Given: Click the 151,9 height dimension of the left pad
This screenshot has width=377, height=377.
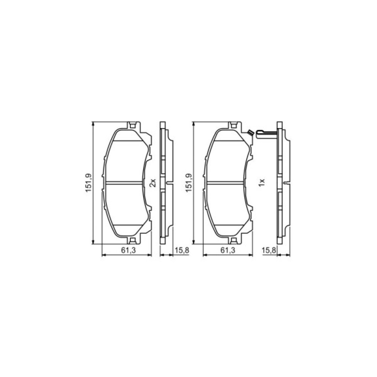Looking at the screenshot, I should coord(88,183).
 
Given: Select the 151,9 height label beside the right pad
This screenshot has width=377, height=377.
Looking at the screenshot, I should coord(189,183).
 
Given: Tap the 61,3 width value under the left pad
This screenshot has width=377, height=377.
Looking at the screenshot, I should coord(127,250).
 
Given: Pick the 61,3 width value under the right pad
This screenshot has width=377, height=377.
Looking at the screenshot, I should coord(227,250).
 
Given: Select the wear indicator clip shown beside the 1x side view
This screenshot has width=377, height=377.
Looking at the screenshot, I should coord(266,132).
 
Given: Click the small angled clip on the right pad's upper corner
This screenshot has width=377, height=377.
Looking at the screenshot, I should coord(249,132).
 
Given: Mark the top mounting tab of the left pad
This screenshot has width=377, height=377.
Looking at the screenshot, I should coord(133,125).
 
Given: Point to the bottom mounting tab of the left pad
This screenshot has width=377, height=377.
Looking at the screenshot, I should coord(133,241).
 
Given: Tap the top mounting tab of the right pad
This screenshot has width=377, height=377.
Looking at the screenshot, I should coord(233,125).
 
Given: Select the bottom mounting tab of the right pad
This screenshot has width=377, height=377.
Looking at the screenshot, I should coord(233,241).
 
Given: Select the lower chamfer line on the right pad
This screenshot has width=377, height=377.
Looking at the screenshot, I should coord(227,225).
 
